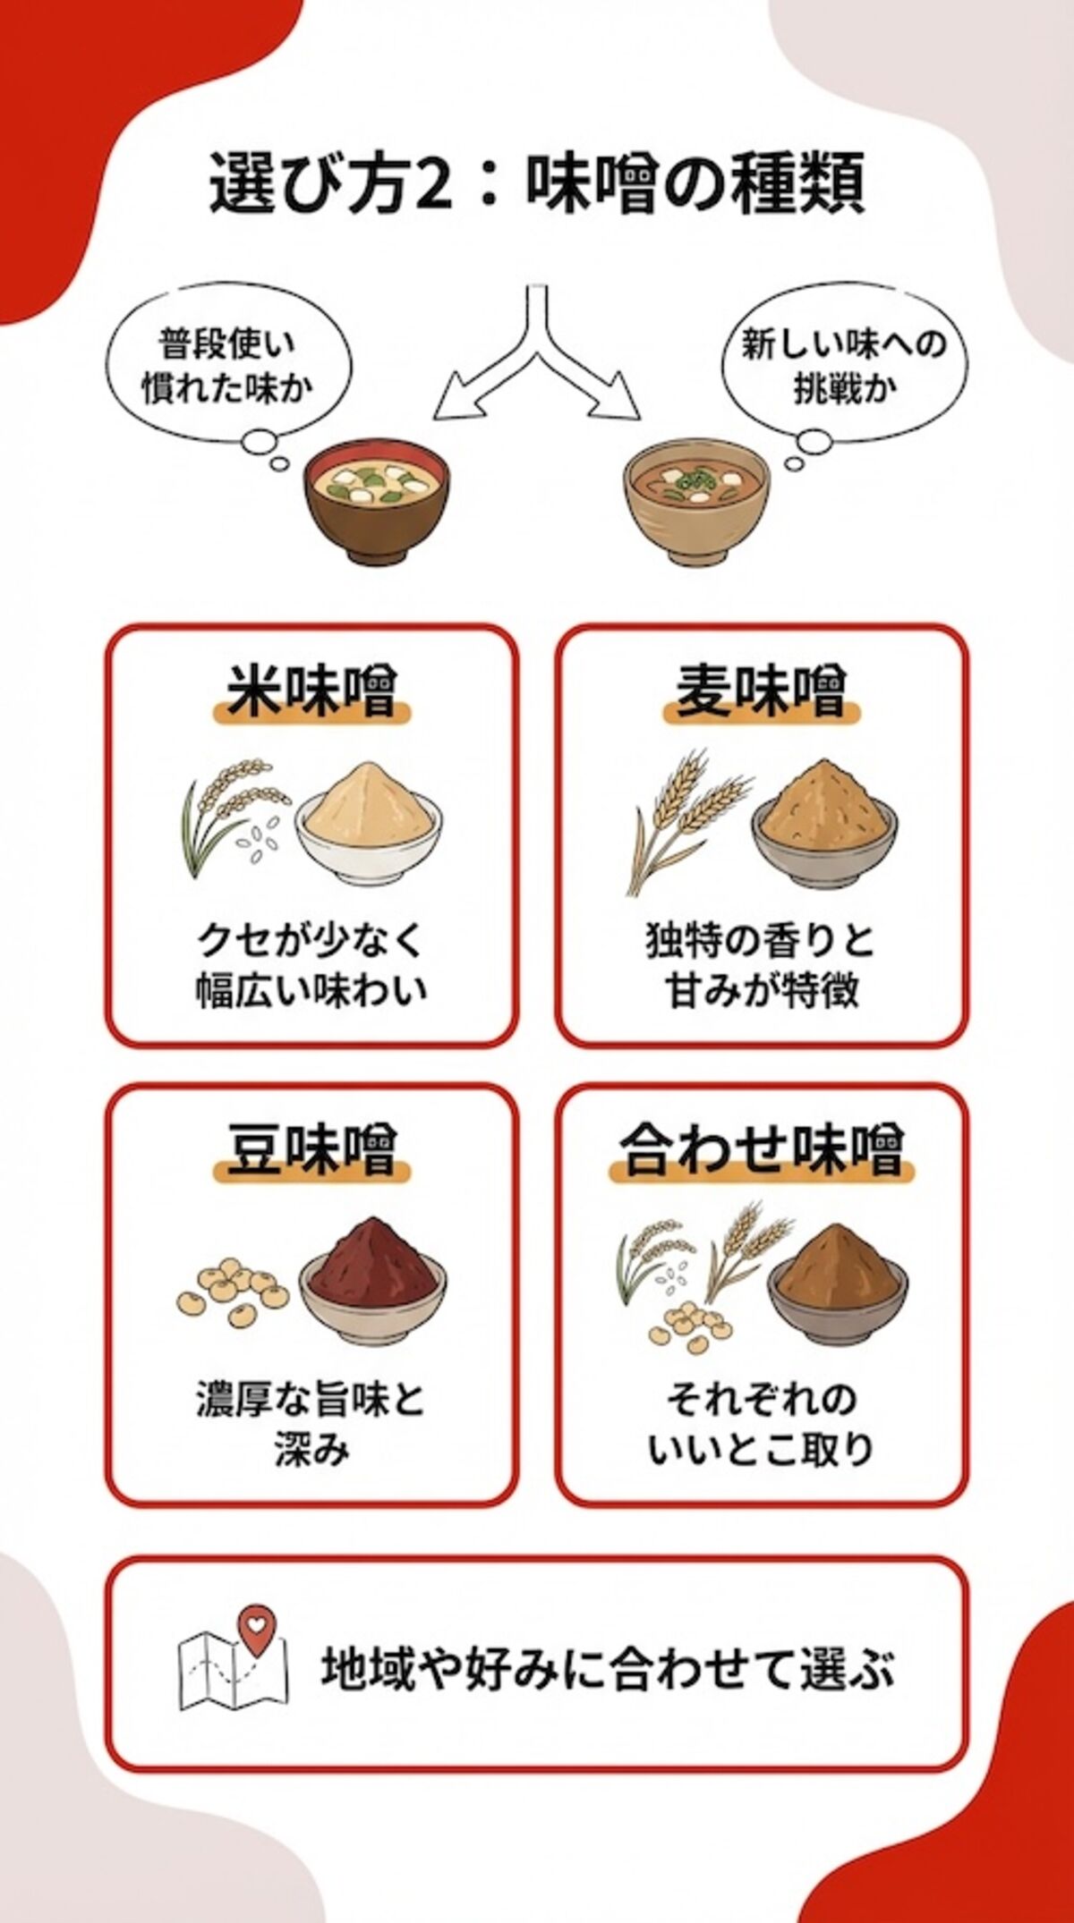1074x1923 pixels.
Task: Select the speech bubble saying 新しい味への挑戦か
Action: click(843, 367)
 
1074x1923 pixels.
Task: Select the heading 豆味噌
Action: click(311, 1151)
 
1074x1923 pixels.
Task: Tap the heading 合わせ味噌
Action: click(761, 1151)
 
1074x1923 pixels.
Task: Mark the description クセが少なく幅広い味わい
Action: click(311, 966)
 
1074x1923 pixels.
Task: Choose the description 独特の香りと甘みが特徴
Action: click(761, 966)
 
